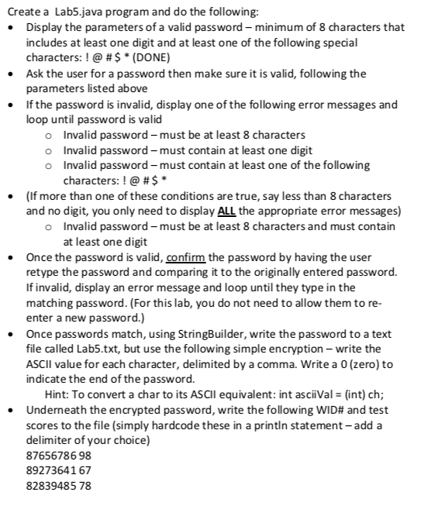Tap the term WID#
click(x=319, y=409)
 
